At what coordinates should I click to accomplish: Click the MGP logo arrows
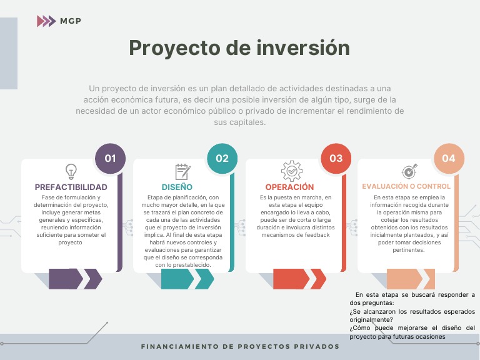(x=46, y=21)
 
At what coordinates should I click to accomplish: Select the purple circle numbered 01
(x=110, y=158)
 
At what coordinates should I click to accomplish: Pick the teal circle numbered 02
(x=222, y=158)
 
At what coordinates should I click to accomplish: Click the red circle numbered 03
(x=336, y=158)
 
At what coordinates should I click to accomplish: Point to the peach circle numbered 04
(x=448, y=158)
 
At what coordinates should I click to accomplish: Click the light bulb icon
(x=71, y=171)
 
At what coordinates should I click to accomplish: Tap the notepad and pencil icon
(x=182, y=172)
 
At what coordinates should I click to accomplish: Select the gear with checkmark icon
(x=291, y=171)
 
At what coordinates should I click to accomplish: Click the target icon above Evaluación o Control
(x=408, y=171)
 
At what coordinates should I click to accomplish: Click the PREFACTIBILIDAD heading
(x=71, y=187)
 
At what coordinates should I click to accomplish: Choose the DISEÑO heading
(x=177, y=187)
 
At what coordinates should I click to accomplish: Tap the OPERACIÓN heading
(x=289, y=187)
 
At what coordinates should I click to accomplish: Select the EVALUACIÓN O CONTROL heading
(x=406, y=186)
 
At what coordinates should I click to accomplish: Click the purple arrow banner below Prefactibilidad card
(x=75, y=279)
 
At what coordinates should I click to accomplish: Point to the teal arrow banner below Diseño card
(x=187, y=279)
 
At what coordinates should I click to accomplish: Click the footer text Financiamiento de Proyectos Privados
(x=240, y=346)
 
